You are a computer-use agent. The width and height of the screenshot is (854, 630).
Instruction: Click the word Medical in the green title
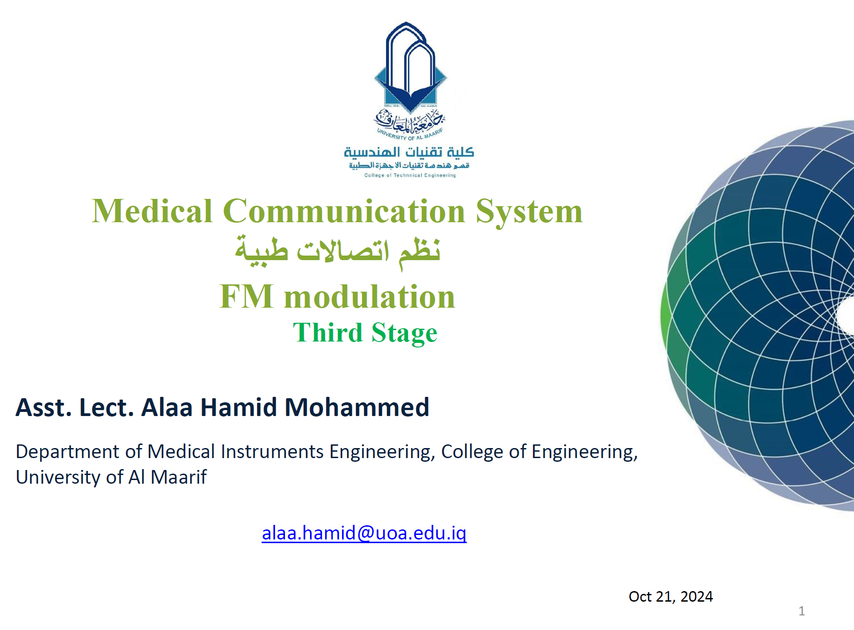point(152,211)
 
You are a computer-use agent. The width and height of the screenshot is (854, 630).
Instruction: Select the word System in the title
point(529,212)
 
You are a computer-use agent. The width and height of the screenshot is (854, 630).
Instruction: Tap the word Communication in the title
point(344,211)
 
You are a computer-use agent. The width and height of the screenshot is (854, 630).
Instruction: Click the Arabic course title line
point(338,252)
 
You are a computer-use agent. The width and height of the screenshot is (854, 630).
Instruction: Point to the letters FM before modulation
point(247,296)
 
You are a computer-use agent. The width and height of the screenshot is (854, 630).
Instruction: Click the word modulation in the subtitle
point(370,296)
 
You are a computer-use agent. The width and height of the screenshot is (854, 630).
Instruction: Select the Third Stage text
point(365,332)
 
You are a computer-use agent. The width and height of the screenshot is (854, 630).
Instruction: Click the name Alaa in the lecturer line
point(167,407)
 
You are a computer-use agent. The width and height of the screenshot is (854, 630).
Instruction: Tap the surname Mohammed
point(357,407)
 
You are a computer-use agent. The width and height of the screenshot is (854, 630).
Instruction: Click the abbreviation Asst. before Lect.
point(44,407)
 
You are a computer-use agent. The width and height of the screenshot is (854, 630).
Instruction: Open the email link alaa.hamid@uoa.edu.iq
point(364,533)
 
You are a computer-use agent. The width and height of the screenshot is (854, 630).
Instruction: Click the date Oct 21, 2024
point(671,597)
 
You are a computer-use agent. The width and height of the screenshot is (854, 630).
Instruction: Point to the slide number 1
point(801,611)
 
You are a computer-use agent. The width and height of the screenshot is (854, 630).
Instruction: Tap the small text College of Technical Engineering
point(410,175)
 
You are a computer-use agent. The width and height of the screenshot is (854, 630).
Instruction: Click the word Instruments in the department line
point(272,452)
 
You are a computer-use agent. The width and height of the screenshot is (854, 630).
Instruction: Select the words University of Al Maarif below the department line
point(111,477)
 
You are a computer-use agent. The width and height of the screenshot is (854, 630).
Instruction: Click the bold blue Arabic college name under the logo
point(409,152)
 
